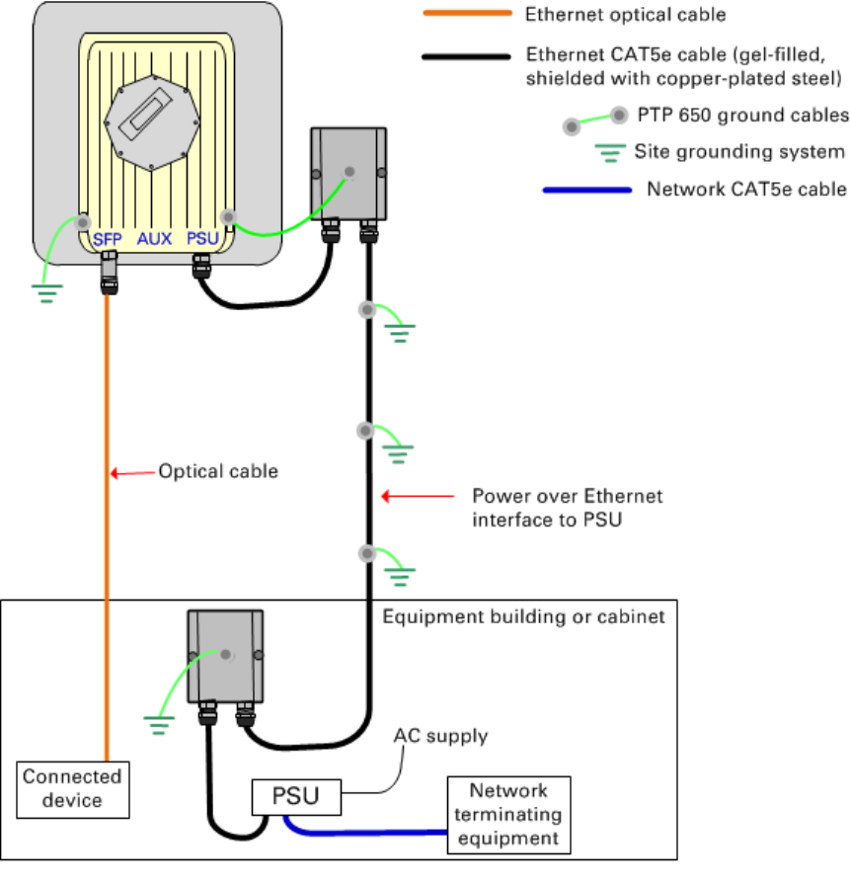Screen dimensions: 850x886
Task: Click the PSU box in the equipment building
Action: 296,797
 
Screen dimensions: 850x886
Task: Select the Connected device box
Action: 73,789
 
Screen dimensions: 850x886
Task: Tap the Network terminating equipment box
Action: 508,814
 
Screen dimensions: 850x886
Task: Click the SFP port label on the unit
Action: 108,239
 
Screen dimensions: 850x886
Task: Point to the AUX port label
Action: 154,238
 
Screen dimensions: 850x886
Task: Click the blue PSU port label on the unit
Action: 202,238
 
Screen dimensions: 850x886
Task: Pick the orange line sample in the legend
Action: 468,13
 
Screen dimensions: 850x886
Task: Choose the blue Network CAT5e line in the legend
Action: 586,190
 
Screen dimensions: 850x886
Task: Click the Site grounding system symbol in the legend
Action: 610,152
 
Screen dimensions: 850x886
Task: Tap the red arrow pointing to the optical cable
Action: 132,472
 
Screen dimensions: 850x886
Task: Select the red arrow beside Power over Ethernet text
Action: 418,496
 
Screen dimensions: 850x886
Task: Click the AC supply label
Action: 440,736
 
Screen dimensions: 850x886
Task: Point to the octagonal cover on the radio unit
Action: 152,122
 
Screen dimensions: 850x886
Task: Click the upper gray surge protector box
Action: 348,174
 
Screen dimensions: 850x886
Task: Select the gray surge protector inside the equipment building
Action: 225,656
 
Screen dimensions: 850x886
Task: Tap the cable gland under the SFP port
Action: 109,273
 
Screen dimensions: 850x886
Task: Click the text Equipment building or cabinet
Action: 523,616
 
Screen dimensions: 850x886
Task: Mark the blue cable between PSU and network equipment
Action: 361,832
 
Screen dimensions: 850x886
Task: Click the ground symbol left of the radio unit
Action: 46,293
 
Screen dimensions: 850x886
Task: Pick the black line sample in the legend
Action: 467,56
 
